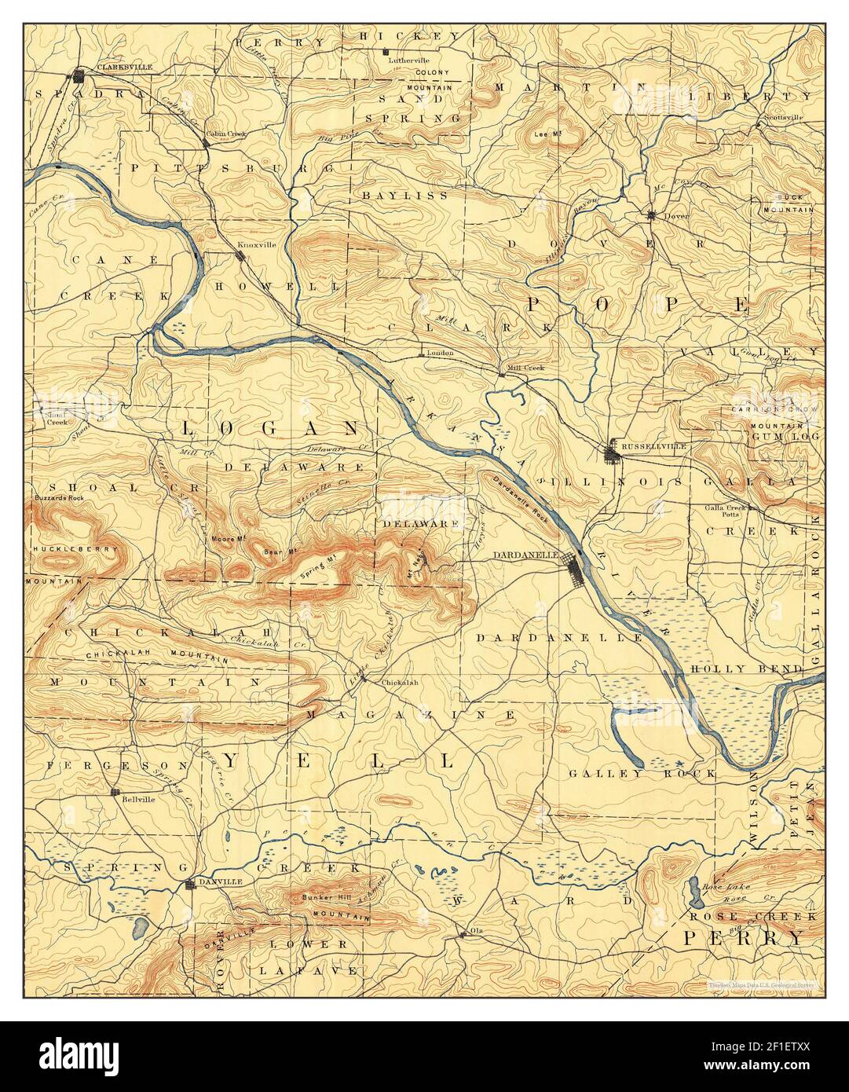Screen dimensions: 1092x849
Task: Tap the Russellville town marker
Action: coord(612,453)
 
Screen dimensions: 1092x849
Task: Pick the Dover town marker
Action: coord(651,214)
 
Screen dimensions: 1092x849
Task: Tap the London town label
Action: coord(441,353)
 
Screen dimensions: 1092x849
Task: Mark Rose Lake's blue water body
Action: coord(695,892)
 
